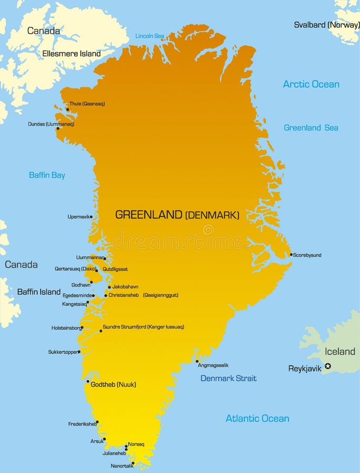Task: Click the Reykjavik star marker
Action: [328, 366]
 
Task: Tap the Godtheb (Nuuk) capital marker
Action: [88, 381]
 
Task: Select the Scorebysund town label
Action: [307, 255]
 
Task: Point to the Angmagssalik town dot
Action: [197, 361]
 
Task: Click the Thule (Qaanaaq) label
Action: [87, 104]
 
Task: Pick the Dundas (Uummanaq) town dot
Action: [58, 128]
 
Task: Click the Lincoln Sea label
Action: [150, 36]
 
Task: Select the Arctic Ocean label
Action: [311, 84]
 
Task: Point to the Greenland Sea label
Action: [311, 128]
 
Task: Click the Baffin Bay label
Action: [47, 175]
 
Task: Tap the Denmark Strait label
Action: [229, 378]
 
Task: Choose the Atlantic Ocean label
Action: [258, 418]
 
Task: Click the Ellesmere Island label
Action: [71, 54]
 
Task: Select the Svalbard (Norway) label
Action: [326, 25]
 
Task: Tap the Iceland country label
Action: [340, 351]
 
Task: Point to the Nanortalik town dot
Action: [132, 464]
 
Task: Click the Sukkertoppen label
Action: [63, 352]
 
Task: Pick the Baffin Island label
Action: [39, 292]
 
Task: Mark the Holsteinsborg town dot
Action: [82, 327]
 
